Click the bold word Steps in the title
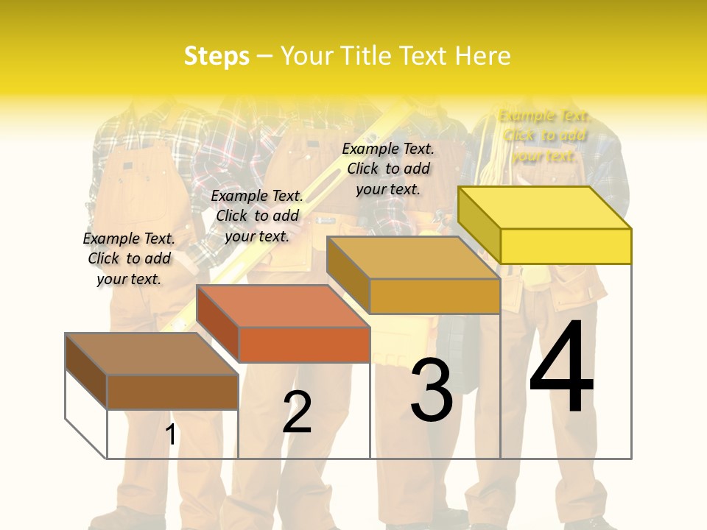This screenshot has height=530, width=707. click(x=217, y=56)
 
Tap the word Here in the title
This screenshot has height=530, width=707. click(x=482, y=56)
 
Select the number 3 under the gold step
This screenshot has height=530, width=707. click(x=431, y=390)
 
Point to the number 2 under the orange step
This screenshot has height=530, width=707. click(x=297, y=411)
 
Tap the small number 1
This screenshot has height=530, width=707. click(x=171, y=434)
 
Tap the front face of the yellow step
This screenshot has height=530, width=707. click(x=566, y=246)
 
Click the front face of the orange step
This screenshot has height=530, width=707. click(x=304, y=344)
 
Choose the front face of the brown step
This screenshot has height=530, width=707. click(x=172, y=392)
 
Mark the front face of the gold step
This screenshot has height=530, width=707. click(x=435, y=296)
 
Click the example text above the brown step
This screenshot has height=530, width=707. click(x=129, y=258)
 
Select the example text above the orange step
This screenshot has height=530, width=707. click(x=257, y=216)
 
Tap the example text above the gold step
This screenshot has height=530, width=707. click(x=388, y=169)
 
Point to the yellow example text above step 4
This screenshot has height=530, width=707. click(x=544, y=135)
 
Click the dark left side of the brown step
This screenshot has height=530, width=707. click(x=86, y=370)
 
